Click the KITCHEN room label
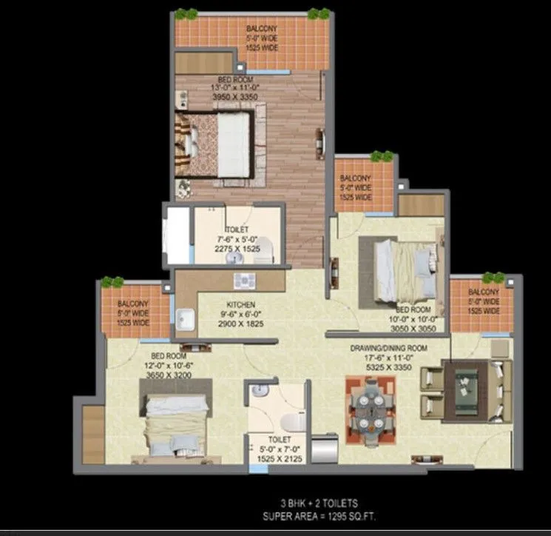[x=241, y=304]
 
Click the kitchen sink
[x=184, y=321]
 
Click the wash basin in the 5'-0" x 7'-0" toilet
[x=258, y=390]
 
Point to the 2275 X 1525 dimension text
[x=237, y=249]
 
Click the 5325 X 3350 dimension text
[x=388, y=366]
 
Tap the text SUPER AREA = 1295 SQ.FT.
[x=317, y=515]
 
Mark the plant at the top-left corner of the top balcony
[x=186, y=14]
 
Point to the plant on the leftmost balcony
[x=112, y=282]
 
